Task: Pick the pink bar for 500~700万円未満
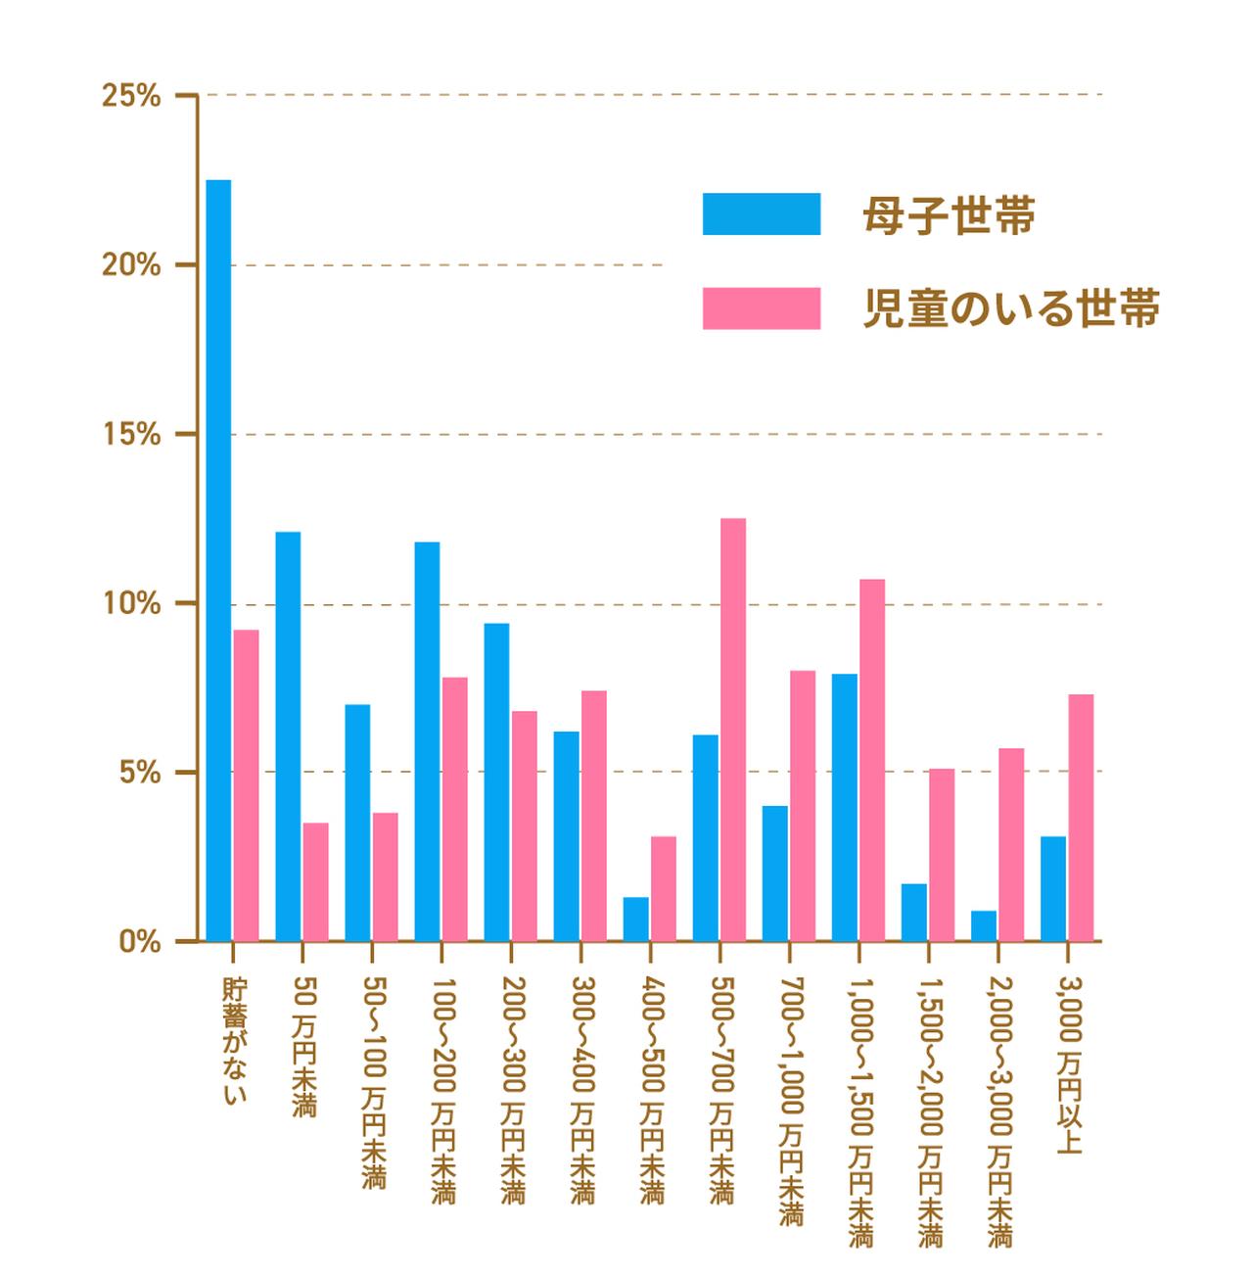point(733,730)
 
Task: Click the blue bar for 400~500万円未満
point(635,920)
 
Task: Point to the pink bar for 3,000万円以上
point(1081,818)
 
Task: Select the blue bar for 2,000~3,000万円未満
point(983,926)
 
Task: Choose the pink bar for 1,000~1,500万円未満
point(872,760)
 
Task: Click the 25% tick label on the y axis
point(131,96)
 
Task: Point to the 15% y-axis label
point(131,435)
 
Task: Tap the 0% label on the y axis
point(139,942)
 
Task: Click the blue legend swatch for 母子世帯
point(762,214)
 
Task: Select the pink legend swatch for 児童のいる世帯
point(762,308)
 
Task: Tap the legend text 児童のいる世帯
point(1011,308)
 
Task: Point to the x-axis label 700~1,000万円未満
point(791,1101)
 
